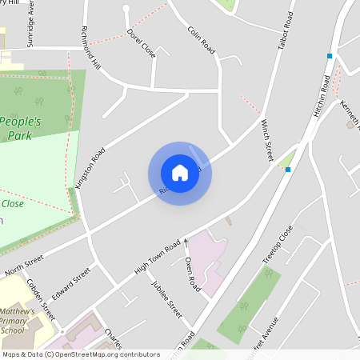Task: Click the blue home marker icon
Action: coord(180,173)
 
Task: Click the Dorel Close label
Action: coord(141,44)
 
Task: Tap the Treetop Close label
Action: coord(278,245)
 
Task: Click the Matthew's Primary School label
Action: coord(18,320)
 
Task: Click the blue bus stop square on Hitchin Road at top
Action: coord(329,56)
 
